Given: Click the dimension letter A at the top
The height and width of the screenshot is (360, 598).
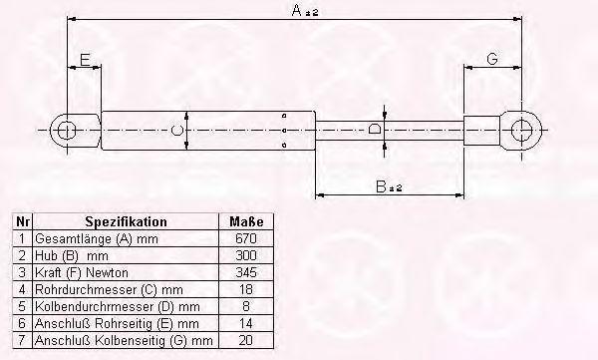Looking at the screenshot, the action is coord(297,10).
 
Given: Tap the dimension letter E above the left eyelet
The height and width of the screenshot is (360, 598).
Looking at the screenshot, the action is coord(85,60).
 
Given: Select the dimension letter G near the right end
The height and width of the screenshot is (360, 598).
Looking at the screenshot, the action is coord(492,59).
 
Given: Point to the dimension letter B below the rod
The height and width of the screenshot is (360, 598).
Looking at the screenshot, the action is coord(381,186).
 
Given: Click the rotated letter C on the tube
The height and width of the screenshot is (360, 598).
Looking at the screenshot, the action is coord(177,131).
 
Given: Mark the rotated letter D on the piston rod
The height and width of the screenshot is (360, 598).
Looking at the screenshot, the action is coord(375,128).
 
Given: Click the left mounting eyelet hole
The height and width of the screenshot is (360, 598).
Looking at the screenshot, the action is coord(67,131).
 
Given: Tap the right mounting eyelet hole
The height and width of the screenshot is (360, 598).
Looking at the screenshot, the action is coord(521,131).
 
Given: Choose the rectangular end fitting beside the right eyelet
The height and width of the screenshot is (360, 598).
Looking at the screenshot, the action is coord(481,131).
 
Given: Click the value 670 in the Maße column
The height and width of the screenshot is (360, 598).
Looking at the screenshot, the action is coord(246,238).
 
